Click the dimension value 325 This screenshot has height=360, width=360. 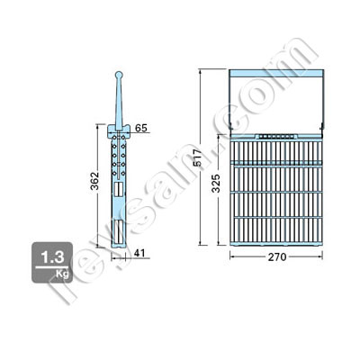click(x=217, y=186)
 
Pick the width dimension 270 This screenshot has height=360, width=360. click(x=274, y=257)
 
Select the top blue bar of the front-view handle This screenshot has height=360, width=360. click(x=274, y=71)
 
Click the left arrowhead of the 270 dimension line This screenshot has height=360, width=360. click(x=231, y=257)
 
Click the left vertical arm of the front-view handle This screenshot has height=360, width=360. click(x=231, y=103)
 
